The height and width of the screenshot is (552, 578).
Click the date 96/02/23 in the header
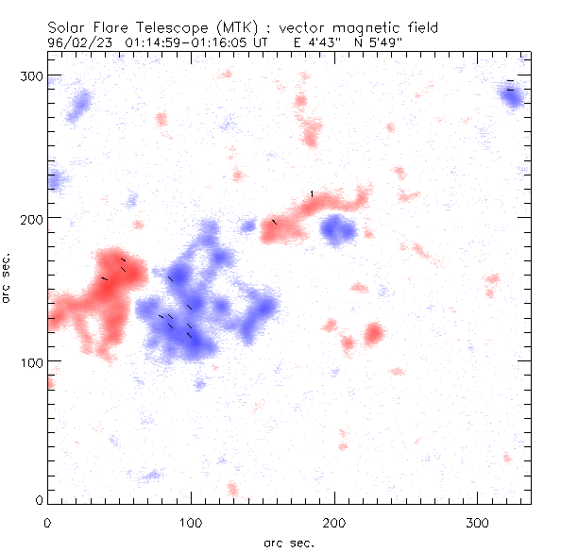[x=76, y=42]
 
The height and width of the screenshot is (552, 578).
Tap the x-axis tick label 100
[x=191, y=521]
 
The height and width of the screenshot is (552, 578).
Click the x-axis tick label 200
[x=334, y=521]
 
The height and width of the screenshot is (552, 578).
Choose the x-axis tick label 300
[x=478, y=521]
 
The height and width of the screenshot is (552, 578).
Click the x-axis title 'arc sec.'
[x=289, y=542]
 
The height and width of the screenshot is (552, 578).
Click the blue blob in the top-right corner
[x=512, y=97]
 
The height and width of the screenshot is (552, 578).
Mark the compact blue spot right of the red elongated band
[x=336, y=228]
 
